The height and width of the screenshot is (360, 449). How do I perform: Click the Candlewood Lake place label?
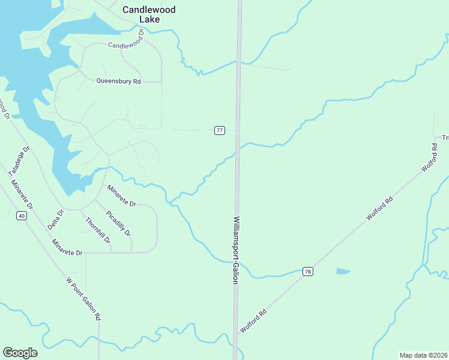141,14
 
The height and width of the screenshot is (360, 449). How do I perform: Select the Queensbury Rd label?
118,81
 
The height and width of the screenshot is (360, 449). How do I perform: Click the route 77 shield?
220,130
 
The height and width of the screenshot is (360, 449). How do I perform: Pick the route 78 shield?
307,272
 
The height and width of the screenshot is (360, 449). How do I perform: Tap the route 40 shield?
22,216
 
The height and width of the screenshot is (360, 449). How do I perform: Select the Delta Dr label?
56,221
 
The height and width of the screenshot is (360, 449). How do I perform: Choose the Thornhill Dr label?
98,230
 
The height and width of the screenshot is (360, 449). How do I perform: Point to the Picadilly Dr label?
118,223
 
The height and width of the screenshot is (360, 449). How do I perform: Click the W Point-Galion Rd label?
83,299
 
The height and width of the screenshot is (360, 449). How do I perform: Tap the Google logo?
20,353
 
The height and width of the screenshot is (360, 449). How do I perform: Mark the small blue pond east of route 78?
343,271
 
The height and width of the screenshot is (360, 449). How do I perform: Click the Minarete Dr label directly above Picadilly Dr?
122,196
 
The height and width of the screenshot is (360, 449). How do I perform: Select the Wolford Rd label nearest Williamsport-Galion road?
253,321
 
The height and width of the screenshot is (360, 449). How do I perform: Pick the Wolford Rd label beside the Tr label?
430,158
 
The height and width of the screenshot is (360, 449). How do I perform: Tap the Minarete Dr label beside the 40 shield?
67,247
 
